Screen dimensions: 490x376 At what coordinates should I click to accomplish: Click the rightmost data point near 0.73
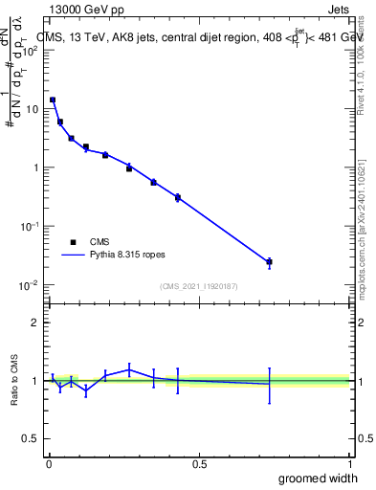click(x=269, y=261)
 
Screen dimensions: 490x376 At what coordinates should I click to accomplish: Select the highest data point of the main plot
click(x=53, y=100)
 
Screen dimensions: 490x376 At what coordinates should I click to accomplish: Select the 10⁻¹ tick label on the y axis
click(x=31, y=226)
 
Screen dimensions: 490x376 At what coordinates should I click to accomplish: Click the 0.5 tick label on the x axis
click(x=199, y=463)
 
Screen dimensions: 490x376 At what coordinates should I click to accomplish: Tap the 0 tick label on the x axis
click(x=48, y=463)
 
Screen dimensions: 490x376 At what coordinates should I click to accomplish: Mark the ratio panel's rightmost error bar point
click(x=269, y=384)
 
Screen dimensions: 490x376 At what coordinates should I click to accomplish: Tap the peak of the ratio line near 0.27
click(x=129, y=369)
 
